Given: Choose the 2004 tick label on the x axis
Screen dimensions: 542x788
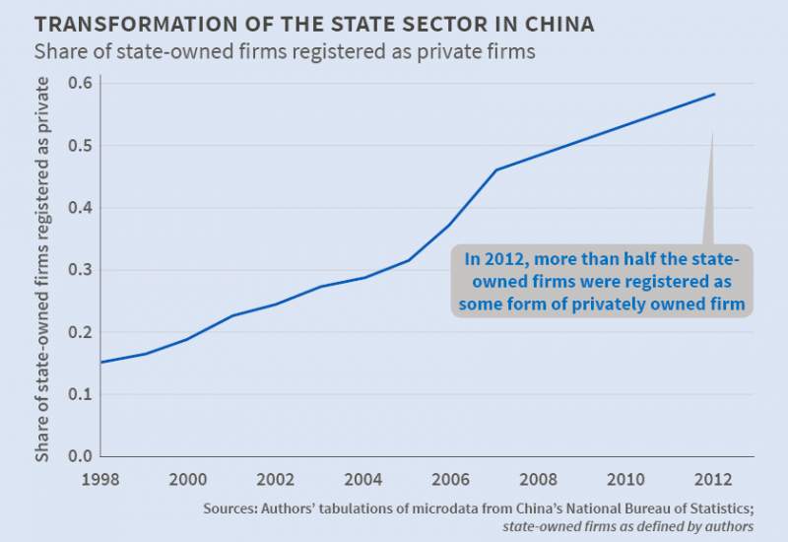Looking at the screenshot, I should tap(362, 480).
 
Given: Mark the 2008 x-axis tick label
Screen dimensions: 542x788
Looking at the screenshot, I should tap(539, 480).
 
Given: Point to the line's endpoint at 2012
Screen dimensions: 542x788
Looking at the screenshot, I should tap(714, 95).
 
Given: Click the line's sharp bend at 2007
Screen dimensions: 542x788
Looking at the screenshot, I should tap(495, 169).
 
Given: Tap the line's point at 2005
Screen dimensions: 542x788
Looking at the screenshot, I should tap(408, 260).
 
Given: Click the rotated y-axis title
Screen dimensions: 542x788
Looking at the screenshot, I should tap(43, 269).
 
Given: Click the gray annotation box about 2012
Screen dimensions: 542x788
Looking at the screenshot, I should tap(603, 282).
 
